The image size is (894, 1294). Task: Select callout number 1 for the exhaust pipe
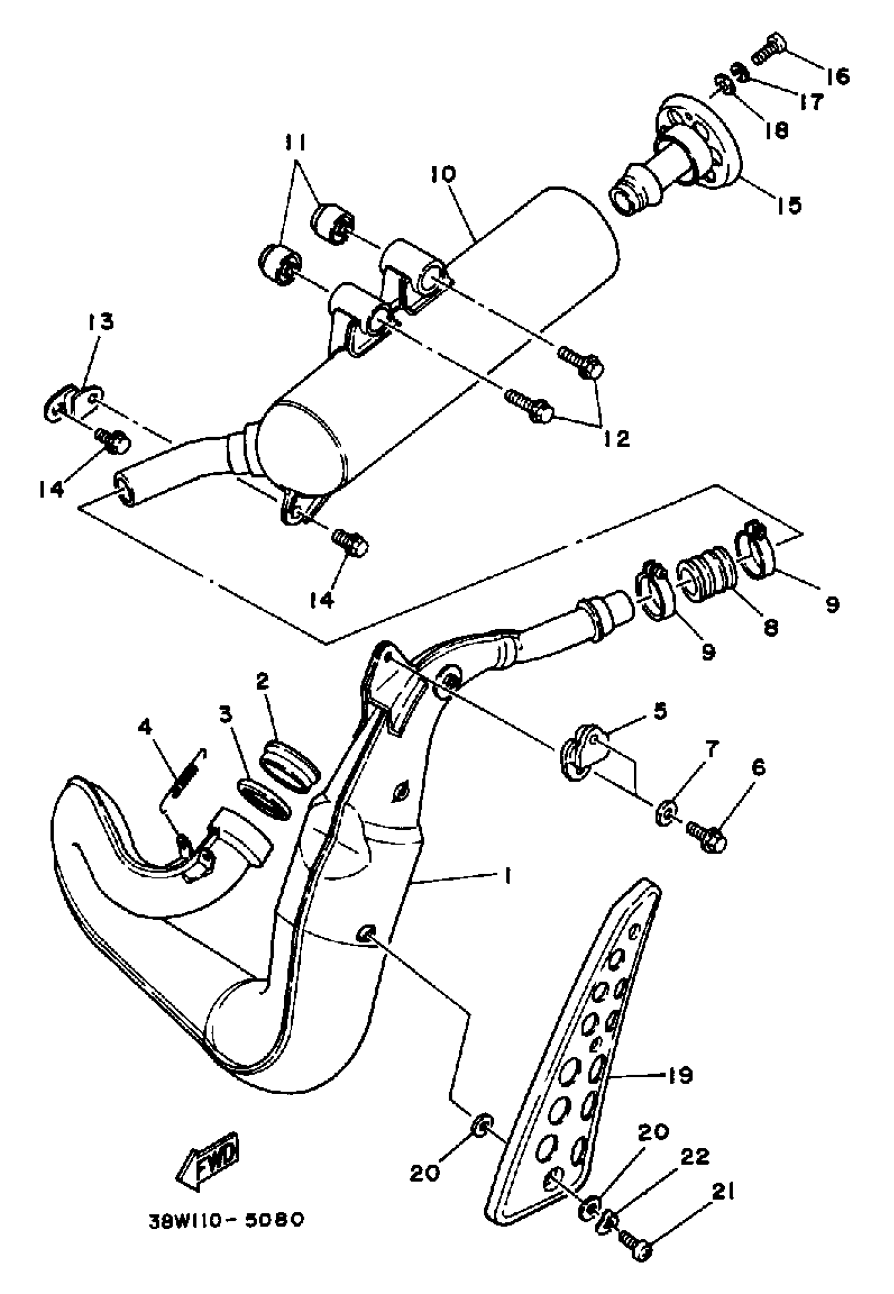507,876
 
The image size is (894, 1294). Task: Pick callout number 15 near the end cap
789,206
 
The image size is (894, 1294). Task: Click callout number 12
616,439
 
